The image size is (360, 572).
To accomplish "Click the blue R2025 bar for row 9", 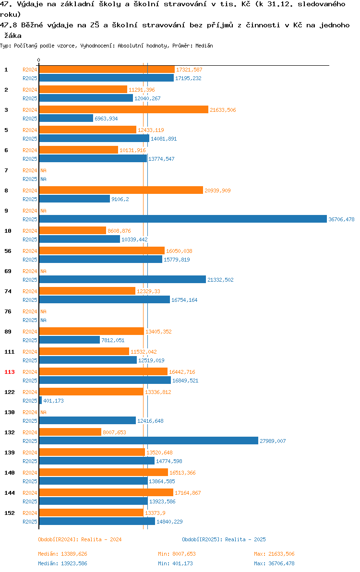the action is pyautogui.click(x=183, y=219).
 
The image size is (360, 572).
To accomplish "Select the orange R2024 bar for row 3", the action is pyautogui.click(x=124, y=109).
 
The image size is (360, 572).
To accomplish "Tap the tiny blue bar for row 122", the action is pyautogui.click(x=40, y=400).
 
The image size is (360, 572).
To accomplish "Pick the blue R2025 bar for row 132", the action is pyautogui.click(x=148, y=441).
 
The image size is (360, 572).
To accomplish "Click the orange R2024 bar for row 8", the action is pyautogui.click(x=121, y=190).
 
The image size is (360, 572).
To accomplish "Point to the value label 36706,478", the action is pyautogui.click(x=341, y=219).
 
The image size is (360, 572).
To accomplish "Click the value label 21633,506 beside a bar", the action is pyautogui.click(x=223, y=110).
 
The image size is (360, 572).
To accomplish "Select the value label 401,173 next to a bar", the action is pyautogui.click(x=54, y=401).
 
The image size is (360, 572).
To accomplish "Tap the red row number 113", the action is pyautogui.click(x=10, y=372).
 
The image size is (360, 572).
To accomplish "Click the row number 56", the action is pyautogui.click(x=8, y=251).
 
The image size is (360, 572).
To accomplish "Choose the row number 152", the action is pyautogui.click(x=10, y=513).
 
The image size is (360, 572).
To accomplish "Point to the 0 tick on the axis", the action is pyautogui.click(x=39, y=60).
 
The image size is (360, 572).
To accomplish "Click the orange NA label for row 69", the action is pyautogui.click(x=43, y=271).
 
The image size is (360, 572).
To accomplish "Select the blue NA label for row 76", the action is pyautogui.click(x=43, y=320).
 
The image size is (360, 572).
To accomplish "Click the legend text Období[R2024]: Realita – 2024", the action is pyautogui.click(x=80, y=539).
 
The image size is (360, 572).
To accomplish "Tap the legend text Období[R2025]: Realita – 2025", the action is pyautogui.click(x=224, y=539).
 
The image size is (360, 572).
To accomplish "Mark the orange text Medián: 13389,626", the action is pyautogui.click(x=63, y=554).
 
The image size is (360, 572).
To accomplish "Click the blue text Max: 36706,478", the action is pyautogui.click(x=274, y=563).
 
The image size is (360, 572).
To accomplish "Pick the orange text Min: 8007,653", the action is pyautogui.click(x=177, y=554).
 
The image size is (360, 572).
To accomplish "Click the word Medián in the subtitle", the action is pyautogui.click(x=204, y=46).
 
